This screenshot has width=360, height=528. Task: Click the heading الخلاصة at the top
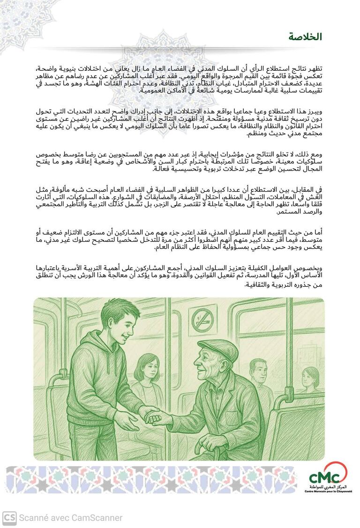(x=305, y=37)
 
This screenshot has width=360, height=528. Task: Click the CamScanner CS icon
(x=9, y=517)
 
